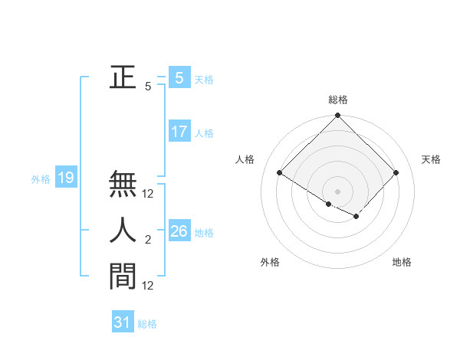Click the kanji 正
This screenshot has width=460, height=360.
(x=123, y=77)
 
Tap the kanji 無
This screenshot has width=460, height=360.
(x=123, y=185)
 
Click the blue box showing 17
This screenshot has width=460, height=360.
(x=179, y=132)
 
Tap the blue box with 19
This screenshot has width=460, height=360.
(x=66, y=178)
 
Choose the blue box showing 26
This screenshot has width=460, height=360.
(x=179, y=231)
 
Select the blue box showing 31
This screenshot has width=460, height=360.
(x=123, y=322)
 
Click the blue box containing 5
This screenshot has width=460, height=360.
(x=179, y=77)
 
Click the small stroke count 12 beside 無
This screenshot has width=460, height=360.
(x=148, y=195)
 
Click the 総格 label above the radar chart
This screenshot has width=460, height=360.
(x=338, y=100)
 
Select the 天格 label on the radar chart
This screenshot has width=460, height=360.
(x=431, y=159)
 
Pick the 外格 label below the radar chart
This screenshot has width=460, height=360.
(x=270, y=263)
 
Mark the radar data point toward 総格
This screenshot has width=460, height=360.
(x=338, y=116)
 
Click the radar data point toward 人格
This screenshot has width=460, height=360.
(x=280, y=173)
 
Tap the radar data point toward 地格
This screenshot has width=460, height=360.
(x=357, y=217)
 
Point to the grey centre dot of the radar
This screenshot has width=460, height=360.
(x=338, y=191)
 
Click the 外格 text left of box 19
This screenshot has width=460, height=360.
(x=41, y=179)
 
